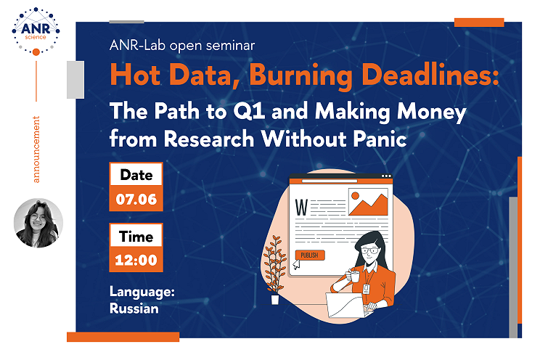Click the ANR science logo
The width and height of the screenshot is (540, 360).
(x=36, y=31)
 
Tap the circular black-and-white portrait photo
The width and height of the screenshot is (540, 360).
(x=38, y=223)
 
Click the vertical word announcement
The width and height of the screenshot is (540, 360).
(x=36, y=150)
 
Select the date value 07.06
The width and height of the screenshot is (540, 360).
(x=136, y=199)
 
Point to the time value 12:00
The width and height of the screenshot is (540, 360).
(x=136, y=260)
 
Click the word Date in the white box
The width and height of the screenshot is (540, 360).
(x=136, y=175)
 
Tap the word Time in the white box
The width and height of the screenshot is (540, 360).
(x=136, y=237)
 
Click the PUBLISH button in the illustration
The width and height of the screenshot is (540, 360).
(x=310, y=255)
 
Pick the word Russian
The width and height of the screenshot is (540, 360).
(x=134, y=308)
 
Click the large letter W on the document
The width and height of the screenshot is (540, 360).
(x=301, y=207)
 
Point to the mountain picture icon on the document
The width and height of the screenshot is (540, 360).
(x=368, y=202)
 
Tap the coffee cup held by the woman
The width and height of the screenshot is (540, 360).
(x=354, y=276)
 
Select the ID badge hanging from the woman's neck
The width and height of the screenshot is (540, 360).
(x=366, y=289)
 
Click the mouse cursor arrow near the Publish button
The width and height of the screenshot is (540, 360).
(x=296, y=265)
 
